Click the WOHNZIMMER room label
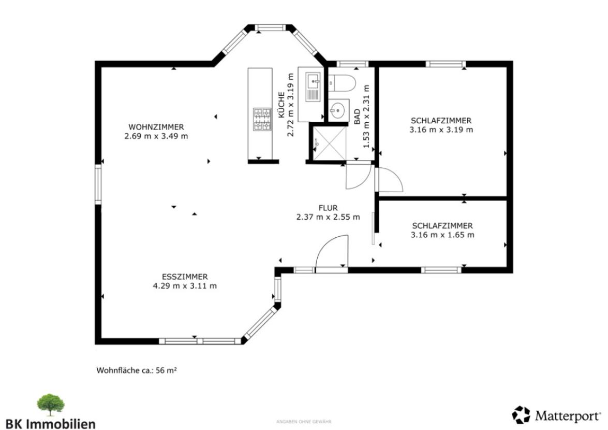pos(156,127)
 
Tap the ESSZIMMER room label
pos(184,277)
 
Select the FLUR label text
pos(328,208)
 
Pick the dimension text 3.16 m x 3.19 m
pos(441,130)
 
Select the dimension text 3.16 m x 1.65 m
pos(442,235)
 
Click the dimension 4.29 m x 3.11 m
pos(184,285)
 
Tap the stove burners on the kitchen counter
pos(262,119)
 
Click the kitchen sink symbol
pos(313,85)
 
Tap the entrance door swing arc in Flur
pos(332,253)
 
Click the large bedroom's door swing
pos(389,180)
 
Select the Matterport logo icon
pos(521,415)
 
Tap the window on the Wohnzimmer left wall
pos(98,184)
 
